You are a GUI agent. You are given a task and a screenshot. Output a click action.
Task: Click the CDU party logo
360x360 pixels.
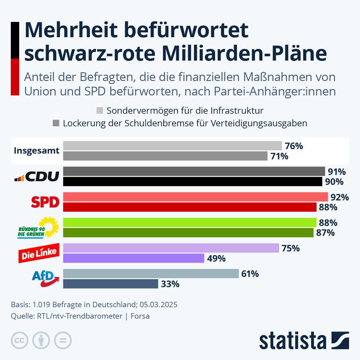(x=37, y=176)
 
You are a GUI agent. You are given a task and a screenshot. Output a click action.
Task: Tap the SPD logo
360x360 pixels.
(x=45, y=202)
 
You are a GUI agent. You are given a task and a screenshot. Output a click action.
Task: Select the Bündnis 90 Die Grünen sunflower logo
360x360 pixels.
(x=38, y=228)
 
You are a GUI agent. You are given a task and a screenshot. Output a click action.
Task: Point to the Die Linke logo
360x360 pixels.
(x=39, y=253)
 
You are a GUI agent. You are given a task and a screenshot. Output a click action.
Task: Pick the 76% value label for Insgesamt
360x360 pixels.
(x=294, y=146)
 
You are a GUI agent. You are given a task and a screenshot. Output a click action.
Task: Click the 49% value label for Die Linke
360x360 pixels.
(x=216, y=258)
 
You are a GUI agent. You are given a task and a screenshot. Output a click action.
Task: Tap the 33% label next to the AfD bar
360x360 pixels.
(x=170, y=284)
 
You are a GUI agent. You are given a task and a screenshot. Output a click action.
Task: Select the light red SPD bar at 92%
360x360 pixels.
(x=195, y=197)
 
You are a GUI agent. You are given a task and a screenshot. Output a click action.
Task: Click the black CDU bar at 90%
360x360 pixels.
(x=192, y=181)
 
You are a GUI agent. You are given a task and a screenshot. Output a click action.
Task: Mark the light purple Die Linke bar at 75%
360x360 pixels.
(x=171, y=248)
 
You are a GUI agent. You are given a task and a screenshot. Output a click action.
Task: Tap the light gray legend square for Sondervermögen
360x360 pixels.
(x=100, y=110)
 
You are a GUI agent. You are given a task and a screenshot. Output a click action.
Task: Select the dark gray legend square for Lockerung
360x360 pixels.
(x=56, y=123)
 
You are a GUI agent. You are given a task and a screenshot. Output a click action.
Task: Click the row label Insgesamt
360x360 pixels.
(x=37, y=151)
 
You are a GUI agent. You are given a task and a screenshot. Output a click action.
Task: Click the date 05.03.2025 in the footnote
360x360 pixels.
(x=158, y=304)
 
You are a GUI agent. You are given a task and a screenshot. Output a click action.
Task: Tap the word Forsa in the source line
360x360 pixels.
(x=140, y=316)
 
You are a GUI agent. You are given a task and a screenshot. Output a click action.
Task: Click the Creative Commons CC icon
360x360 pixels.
(x=19, y=340)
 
